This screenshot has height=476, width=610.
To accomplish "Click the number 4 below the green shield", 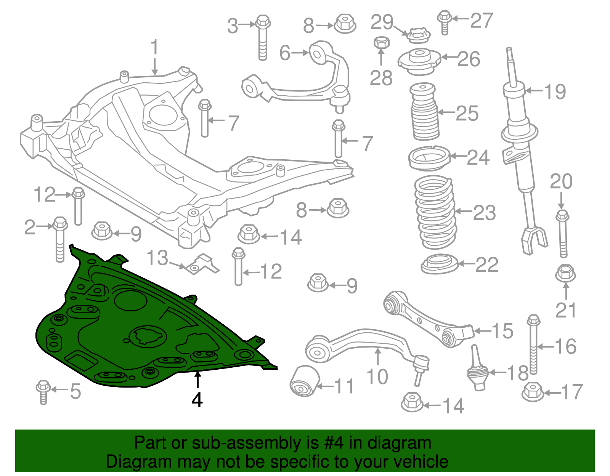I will point(197,400).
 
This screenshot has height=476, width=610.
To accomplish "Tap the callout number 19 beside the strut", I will point(555,91).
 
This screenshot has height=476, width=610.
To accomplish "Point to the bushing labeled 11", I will point(305,381).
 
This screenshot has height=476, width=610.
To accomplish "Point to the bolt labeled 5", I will point(43,391).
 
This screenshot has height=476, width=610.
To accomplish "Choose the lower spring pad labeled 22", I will point(440,264).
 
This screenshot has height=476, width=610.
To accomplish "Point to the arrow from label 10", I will point(378,357).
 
